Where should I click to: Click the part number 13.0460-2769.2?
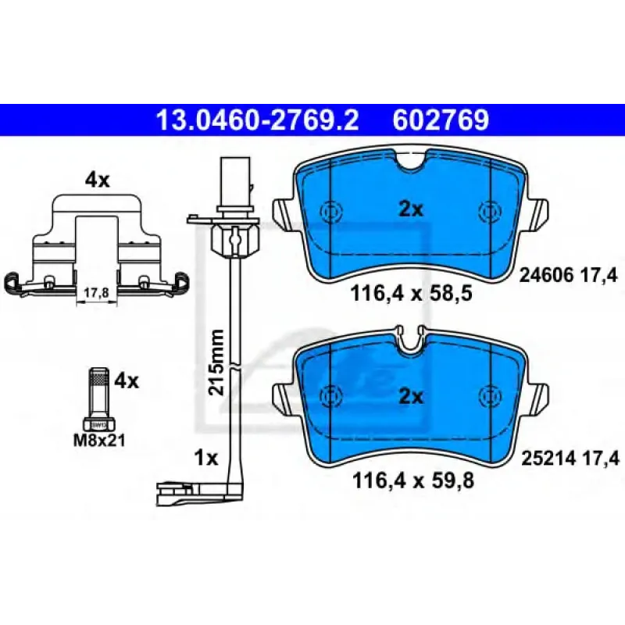(259, 120)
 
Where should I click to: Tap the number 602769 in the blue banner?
(441, 120)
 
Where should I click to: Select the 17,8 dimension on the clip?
(96, 294)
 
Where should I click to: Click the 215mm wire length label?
(217, 362)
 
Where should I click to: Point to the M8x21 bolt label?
(99, 441)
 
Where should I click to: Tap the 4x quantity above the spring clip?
(97, 181)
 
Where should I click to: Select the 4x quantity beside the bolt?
(127, 381)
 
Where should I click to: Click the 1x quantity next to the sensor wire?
(206, 459)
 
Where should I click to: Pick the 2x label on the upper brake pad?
(411, 209)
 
